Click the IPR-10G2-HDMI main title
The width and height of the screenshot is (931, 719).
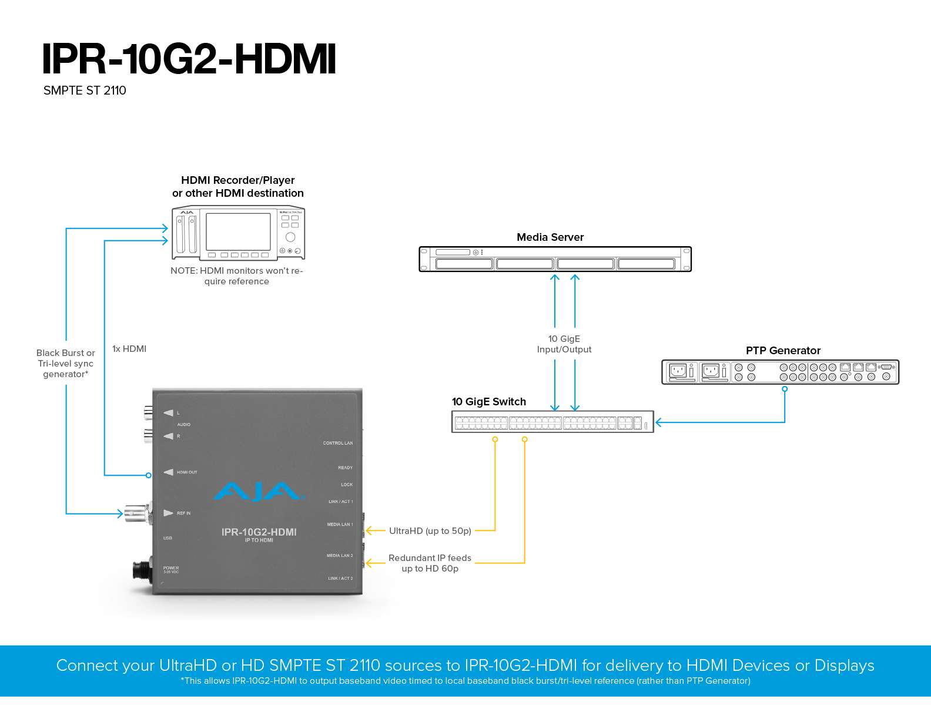pos(189,59)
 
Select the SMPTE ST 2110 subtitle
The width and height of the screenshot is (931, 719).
pos(85,90)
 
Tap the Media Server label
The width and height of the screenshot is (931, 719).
pos(550,237)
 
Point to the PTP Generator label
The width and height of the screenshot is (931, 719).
pos(783,351)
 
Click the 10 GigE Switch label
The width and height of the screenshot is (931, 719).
pos(488,402)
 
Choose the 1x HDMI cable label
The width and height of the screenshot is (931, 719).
pos(129,349)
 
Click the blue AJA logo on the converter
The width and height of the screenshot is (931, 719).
pos(259,492)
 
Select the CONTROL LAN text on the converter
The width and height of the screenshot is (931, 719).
pos(338,444)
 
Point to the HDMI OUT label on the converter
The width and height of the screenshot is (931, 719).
pos(187,472)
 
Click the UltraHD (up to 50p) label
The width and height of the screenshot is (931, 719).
pos(430,531)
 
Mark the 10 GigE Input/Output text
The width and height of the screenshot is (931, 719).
pos(564,344)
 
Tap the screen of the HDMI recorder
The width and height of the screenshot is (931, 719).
pos(238,231)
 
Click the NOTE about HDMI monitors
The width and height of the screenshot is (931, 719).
pos(237,276)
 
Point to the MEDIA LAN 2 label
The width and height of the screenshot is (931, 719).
pos(340,556)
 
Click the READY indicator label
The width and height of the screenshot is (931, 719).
pos(345,468)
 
